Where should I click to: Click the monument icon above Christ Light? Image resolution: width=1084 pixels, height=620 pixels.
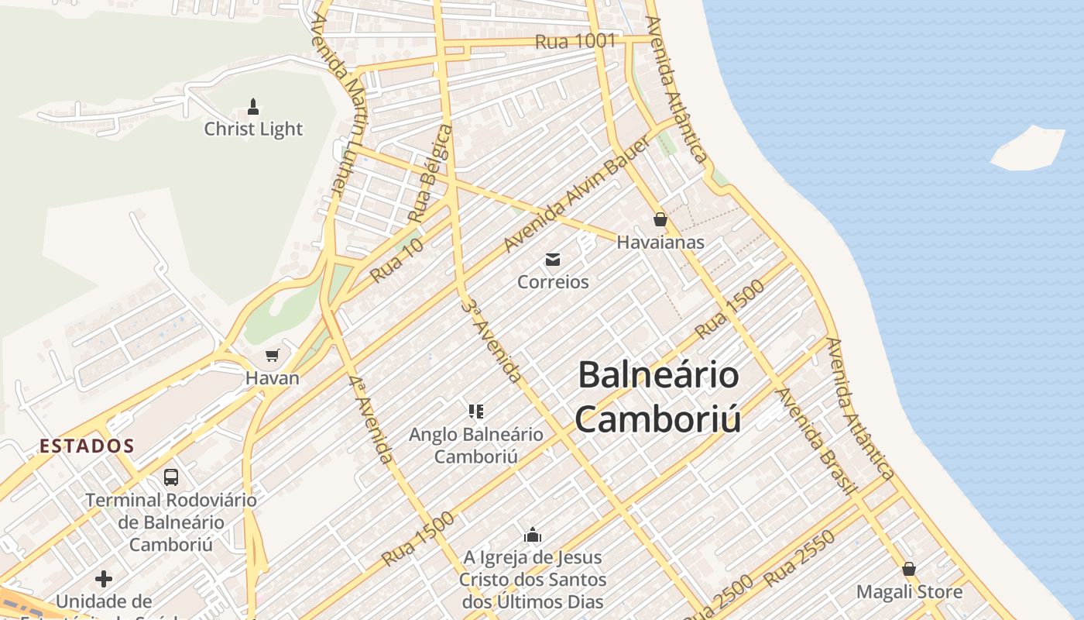click(252, 106)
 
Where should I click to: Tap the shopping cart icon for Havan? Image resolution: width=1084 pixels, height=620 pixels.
click(272, 356)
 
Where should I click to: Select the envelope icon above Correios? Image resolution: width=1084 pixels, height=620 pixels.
click(553, 259)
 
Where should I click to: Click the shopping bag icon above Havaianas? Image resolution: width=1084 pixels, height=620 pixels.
click(660, 219)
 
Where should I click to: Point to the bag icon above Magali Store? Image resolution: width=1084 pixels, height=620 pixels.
click(909, 569)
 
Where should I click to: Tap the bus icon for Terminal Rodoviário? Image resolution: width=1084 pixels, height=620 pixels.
click(171, 477)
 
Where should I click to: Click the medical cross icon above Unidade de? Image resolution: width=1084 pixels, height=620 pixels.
click(103, 578)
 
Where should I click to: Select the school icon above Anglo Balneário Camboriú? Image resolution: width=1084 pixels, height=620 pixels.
click(476, 411)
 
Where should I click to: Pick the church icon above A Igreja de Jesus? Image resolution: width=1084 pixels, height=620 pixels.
click(532, 535)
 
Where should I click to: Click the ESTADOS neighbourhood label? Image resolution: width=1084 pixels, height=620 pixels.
click(87, 446)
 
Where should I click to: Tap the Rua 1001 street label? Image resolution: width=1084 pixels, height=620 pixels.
click(575, 41)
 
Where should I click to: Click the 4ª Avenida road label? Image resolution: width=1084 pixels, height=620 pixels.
click(370, 419)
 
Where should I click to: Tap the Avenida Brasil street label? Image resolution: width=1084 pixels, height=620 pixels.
click(817, 440)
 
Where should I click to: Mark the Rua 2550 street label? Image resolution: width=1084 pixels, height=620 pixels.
click(799, 558)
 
